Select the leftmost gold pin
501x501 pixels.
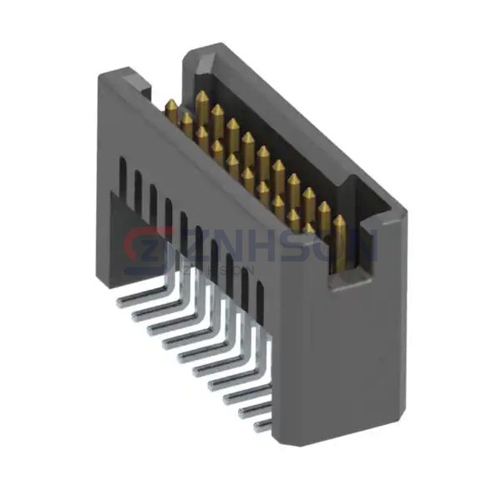point(170,109)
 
